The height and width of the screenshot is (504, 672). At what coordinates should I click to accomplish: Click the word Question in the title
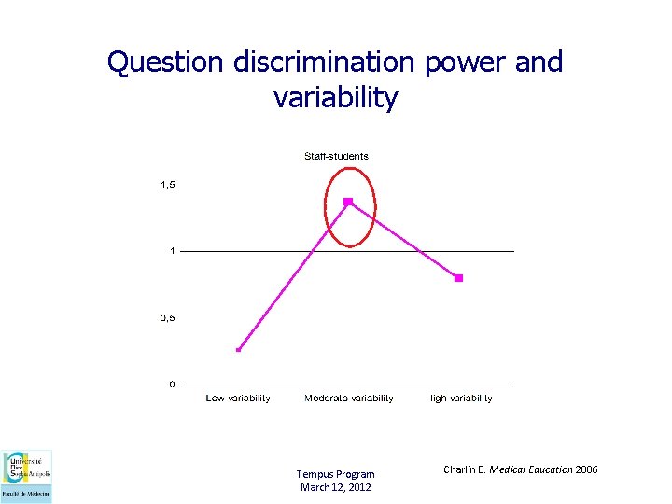point(163,63)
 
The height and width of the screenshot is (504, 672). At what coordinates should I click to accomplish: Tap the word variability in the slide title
point(336,97)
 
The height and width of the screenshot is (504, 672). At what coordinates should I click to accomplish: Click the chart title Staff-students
point(336,156)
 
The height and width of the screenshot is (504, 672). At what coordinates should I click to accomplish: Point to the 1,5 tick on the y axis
point(168,185)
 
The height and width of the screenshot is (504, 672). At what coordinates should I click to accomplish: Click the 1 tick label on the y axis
point(172,251)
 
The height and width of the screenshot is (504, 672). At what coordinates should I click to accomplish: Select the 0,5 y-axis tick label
point(168,318)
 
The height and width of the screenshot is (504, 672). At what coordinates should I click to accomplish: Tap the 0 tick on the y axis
point(172,385)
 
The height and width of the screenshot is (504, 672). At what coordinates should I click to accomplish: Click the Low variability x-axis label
point(238,399)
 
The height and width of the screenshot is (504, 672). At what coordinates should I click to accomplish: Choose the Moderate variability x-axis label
point(348,399)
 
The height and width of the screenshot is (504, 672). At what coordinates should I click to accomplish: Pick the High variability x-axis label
point(458,399)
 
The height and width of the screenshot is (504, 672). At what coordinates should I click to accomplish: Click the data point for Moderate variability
point(348,202)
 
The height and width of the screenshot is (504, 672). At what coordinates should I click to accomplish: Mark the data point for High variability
point(458,278)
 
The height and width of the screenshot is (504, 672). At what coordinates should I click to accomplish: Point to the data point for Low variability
point(239,350)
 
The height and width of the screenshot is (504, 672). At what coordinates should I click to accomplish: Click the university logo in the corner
point(27,476)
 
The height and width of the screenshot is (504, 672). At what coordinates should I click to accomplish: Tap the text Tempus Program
point(335,474)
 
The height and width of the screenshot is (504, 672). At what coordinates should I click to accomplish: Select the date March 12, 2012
point(335,487)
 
